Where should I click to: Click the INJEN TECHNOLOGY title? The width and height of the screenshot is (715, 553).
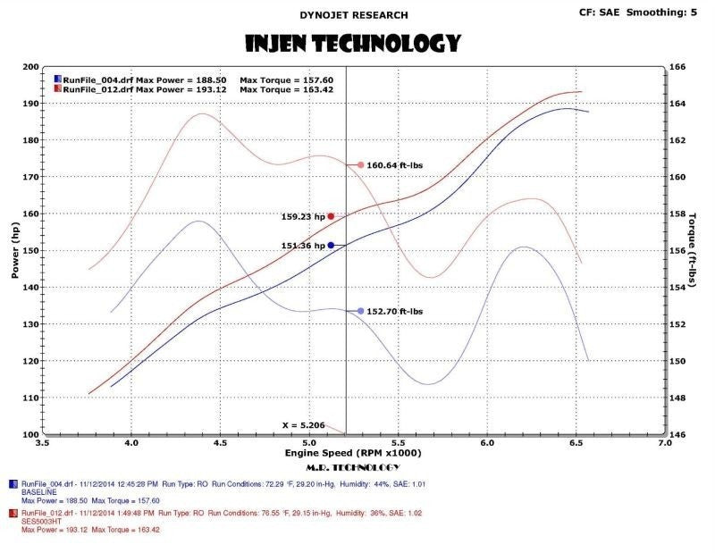pyautogui.click(x=352, y=42)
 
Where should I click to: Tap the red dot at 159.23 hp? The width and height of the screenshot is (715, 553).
pyautogui.click(x=331, y=216)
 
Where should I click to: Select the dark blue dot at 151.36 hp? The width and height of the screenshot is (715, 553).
pyautogui.click(x=331, y=245)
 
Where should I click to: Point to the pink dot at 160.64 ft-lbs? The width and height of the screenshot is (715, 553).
pyautogui.click(x=360, y=165)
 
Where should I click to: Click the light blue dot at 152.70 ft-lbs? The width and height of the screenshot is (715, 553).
pyautogui.click(x=360, y=311)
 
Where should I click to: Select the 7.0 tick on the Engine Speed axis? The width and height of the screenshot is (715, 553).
pyautogui.click(x=664, y=442)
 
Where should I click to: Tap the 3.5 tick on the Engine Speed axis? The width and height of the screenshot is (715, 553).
pyautogui.click(x=41, y=442)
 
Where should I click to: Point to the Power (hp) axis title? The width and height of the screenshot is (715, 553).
pyautogui.click(x=14, y=250)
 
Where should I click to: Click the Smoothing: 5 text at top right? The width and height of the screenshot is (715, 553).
pyautogui.click(x=669, y=12)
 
